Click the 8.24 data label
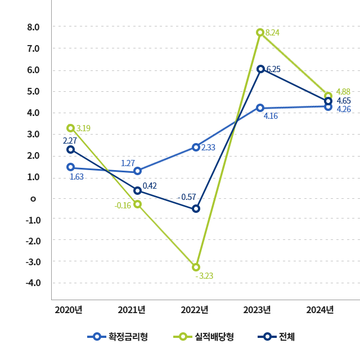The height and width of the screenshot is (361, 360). [272, 33]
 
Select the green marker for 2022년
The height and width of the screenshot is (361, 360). [196, 267]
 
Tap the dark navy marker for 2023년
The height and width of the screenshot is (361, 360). [260, 69]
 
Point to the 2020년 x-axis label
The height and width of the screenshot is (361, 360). [69, 310]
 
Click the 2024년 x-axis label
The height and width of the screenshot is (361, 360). [320, 310]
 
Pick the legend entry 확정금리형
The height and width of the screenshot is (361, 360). [118, 337]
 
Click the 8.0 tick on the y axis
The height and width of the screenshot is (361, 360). [32, 27]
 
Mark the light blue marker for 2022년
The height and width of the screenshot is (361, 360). [196, 147]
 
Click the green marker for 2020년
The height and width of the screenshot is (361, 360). [70, 128]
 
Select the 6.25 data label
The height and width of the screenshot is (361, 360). [273, 69]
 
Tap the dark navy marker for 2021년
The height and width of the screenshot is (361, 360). [137, 190]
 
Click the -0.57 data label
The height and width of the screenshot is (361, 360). [186, 197]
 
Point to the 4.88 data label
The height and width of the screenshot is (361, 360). [343, 92]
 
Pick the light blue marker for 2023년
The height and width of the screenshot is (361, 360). [260, 108]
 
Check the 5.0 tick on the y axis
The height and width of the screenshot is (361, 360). [32, 91]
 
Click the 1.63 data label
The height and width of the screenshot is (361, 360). [76, 177]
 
